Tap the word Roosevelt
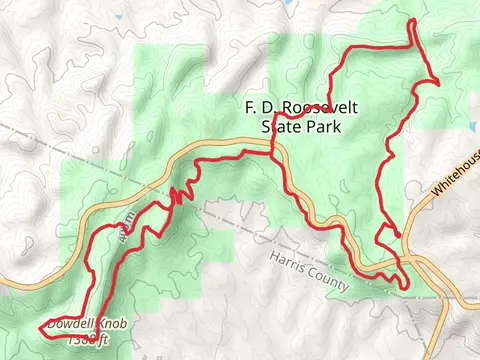[304, 108]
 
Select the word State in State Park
[281, 127]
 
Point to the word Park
[325, 127]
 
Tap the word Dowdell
[69, 325]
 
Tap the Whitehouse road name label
[458, 172]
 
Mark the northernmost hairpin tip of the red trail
[413, 22]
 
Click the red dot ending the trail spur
[398, 235]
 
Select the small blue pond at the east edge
[471, 127]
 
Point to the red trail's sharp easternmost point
[439, 82]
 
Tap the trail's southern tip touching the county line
[405, 290]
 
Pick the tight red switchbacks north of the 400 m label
[178, 193]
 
